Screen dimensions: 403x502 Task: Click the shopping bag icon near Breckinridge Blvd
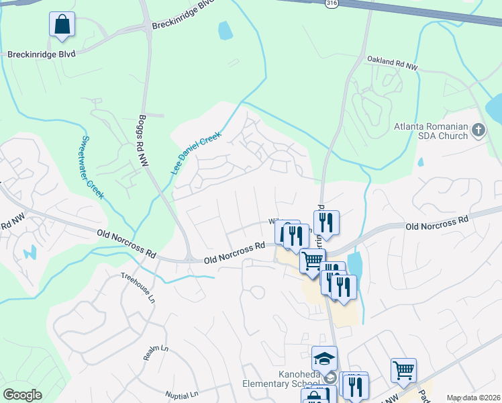point(62,25)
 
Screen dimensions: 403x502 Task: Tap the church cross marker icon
point(479,130)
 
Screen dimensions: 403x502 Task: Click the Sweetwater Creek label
point(92,167)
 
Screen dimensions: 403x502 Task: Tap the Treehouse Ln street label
point(138,286)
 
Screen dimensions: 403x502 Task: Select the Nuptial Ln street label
point(183,394)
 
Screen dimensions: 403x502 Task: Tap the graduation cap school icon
point(324,358)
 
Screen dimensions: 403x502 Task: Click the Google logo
point(22,395)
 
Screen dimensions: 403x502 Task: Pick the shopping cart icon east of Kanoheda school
point(403,369)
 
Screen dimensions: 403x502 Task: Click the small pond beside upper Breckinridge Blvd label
point(225,30)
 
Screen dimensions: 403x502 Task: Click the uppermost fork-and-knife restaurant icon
point(326,222)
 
